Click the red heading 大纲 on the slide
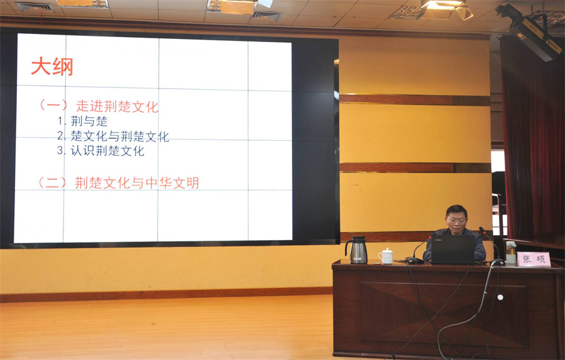52,67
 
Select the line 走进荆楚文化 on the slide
117,106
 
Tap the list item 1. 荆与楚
82,121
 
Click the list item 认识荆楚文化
100,150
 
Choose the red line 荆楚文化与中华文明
137,183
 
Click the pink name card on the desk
534,259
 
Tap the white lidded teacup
386,256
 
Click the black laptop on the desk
453,249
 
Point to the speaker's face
456,220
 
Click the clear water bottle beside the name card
510,253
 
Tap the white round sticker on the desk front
500,297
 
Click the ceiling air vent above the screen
267,16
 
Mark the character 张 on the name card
527,259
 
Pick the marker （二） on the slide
53,183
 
